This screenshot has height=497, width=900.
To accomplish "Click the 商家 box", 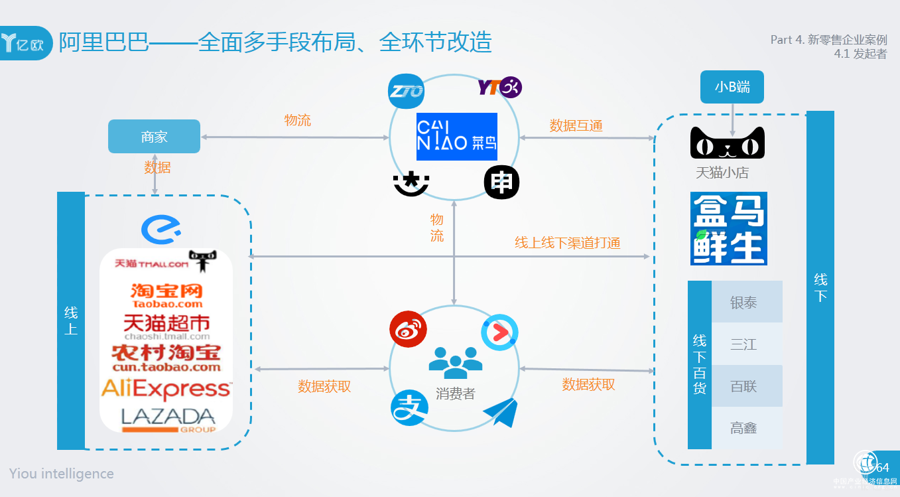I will (x=154, y=137).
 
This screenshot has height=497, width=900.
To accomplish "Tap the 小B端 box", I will (x=732, y=87).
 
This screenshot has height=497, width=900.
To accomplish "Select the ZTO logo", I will (x=406, y=91).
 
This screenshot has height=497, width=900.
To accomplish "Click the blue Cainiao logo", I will (x=456, y=137).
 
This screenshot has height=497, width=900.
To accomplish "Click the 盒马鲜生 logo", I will (x=728, y=229).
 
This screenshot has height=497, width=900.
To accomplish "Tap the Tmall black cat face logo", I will (x=727, y=144).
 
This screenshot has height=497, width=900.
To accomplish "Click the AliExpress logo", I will (x=166, y=389).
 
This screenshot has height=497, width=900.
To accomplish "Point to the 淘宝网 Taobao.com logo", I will (x=166, y=295).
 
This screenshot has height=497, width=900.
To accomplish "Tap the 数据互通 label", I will (x=576, y=125).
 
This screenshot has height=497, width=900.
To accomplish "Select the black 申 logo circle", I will (x=501, y=182).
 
